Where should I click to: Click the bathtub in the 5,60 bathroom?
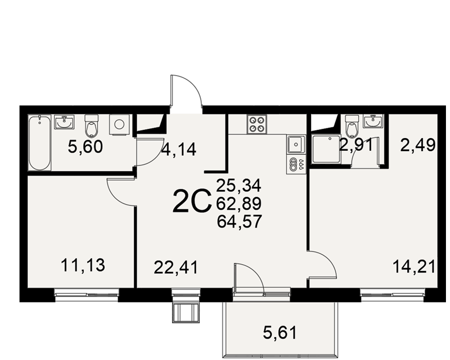pyautogui.click(x=40, y=143)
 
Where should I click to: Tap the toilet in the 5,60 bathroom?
pyautogui.click(x=92, y=126)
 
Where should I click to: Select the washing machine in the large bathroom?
pyautogui.click(x=119, y=125)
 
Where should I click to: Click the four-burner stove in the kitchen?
pyautogui.click(x=256, y=124)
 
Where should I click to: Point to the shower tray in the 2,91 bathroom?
pyautogui.click(x=326, y=148)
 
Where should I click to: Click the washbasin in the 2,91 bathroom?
pyautogui.click(x=373, y=121)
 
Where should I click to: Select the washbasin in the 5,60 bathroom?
pyautogui.click(x=64, y=122)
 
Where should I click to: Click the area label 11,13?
pyautogui.click(x=83, y=265)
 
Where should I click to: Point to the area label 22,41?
pyautogui.click(x=176, y=268)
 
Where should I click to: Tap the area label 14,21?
pyautogui.click(x=414, y=266)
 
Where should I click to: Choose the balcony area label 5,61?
pyautogui.click(x=279, y=333)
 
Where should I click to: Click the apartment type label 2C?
pyautogui.click(x=192, y=201)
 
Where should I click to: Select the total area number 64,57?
pyautogui.click(x=239, y=222)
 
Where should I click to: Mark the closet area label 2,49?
pyautogui.click(x=418, y=145)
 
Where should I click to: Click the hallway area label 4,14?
pyautogui.click(x=179, y=149)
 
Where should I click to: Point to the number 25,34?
pyautogui.click(x=239, y=185)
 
